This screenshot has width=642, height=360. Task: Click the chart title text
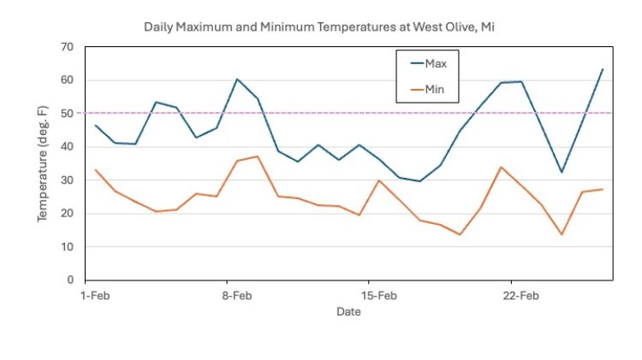point(318,27)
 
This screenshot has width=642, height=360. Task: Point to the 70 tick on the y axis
point(67,46)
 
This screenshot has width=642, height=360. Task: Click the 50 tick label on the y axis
point(67,113)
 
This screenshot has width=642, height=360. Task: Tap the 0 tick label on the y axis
point(70,280)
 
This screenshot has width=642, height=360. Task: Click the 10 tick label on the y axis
point(67,247)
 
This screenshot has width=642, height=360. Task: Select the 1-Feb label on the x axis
point(94,296)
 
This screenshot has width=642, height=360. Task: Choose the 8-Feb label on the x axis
point(235,296)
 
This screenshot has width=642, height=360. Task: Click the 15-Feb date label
point(377,296)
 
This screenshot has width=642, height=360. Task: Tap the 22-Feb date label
point(520,296)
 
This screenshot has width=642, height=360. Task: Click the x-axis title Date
point(348,312)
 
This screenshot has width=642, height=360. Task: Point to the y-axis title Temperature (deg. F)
point(42,163)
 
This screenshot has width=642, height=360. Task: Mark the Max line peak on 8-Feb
point(237,79)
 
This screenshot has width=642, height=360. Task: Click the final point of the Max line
point(603,69)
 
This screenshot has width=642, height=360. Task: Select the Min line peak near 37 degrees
point(258,156)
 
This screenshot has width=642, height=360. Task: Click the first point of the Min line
point(95,169)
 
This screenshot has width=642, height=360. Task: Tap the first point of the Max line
point(95,126)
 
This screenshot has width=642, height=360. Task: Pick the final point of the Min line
point(603,189)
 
